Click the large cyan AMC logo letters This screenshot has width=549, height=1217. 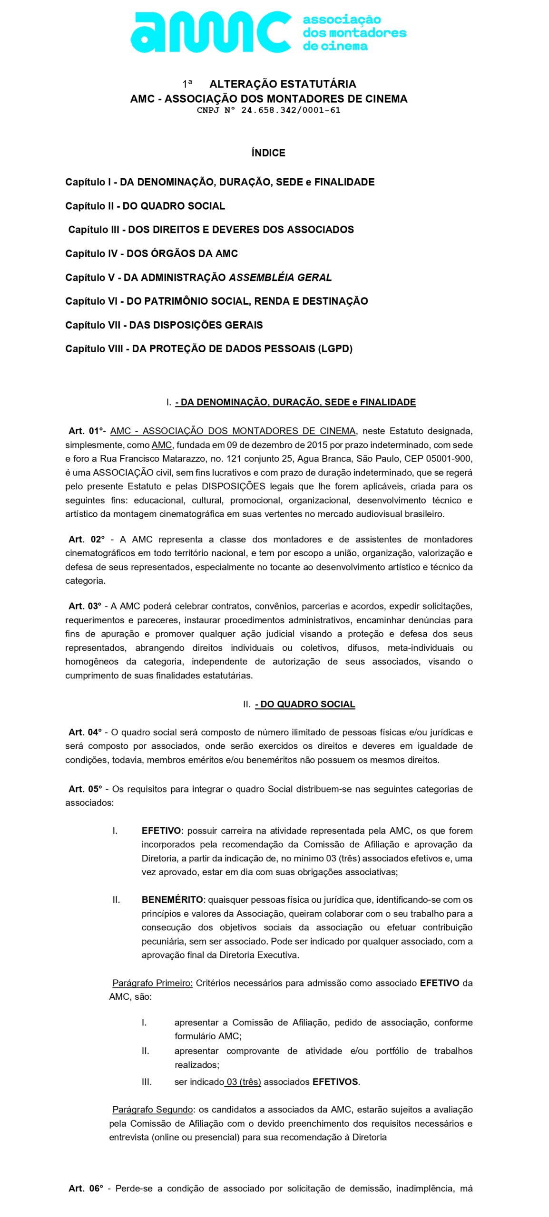tap(210, 32)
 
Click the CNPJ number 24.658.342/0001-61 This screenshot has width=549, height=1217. tap(290, 110)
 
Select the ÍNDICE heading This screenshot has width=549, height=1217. tap(268, 153)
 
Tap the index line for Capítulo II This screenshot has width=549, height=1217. tap(145, 206)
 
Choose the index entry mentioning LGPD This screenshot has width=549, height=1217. tap(209, 349)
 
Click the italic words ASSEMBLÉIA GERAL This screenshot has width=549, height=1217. tap(280, 278)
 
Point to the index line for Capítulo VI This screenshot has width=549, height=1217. tap(216, 301)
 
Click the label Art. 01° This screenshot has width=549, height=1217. tap(86, 431)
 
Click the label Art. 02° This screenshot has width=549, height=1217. tap(86, 540)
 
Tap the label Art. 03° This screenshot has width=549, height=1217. tap(85, 606)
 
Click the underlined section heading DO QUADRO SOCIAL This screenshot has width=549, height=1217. tap(305, 705)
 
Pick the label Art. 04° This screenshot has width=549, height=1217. tap(85, 733)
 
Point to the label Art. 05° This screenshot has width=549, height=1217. tap(85, 789)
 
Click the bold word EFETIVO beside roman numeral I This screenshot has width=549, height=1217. tap(161, 831)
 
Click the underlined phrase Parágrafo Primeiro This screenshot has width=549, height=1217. tap(152, 983)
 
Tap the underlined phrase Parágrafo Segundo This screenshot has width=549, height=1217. tap(152, 1110)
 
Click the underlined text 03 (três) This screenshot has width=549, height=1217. tap(244, 1082)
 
